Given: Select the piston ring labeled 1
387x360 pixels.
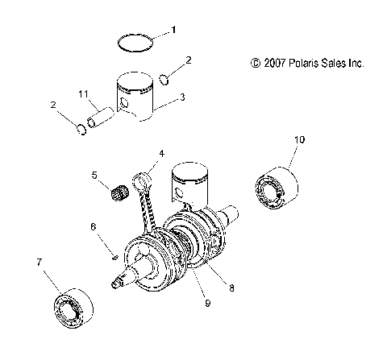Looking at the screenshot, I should (x=132, y=43).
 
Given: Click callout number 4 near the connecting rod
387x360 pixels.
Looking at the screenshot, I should (x=161, y=153).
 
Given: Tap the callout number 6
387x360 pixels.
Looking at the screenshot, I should (x=94, y=228).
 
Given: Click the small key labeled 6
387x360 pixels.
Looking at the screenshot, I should (x=116, y=257).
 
